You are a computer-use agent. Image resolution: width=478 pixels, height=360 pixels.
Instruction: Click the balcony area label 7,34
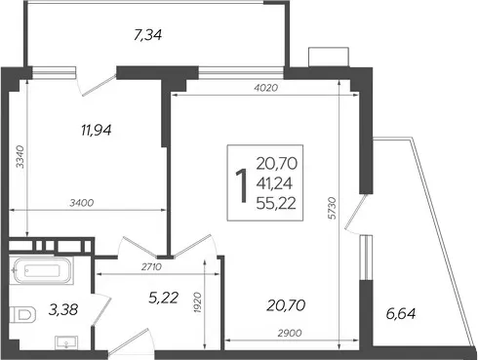(147, 34)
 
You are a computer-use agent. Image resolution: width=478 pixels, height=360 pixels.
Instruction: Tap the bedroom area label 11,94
(97, 130)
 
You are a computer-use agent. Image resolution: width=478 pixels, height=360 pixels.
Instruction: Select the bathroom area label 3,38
(63, 309)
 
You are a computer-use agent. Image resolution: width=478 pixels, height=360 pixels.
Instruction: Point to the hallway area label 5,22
(164, 298)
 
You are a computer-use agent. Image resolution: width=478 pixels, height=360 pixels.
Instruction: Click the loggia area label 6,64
(401, 314)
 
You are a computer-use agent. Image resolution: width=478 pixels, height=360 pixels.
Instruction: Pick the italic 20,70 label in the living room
(286, 305)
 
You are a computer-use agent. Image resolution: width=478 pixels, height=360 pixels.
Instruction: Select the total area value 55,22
(276, 204)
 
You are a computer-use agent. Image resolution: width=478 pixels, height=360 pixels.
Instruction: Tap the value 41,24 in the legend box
(274, 183)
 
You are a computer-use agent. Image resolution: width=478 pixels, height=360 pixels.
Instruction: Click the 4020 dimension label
(265, 88)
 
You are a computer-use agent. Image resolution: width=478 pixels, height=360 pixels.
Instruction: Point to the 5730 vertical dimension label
(332, 208)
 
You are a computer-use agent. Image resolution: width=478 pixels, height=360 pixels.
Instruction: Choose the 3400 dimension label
(82, 203)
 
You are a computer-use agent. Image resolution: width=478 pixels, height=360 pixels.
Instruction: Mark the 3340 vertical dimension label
(20, 157)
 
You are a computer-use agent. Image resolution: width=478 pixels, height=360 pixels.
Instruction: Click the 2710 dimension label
(151, 267)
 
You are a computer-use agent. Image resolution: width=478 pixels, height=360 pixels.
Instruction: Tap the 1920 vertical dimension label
(197, 302)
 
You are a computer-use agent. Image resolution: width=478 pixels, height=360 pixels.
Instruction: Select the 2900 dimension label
(290, 333)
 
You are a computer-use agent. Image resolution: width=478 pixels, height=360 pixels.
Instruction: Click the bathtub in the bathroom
(41, 270)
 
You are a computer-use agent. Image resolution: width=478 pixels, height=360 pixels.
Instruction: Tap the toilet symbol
(22, 314)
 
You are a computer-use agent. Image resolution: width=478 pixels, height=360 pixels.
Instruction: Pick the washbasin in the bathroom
(66, 342)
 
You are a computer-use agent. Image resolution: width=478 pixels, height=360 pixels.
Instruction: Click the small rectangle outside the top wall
(329, 58)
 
